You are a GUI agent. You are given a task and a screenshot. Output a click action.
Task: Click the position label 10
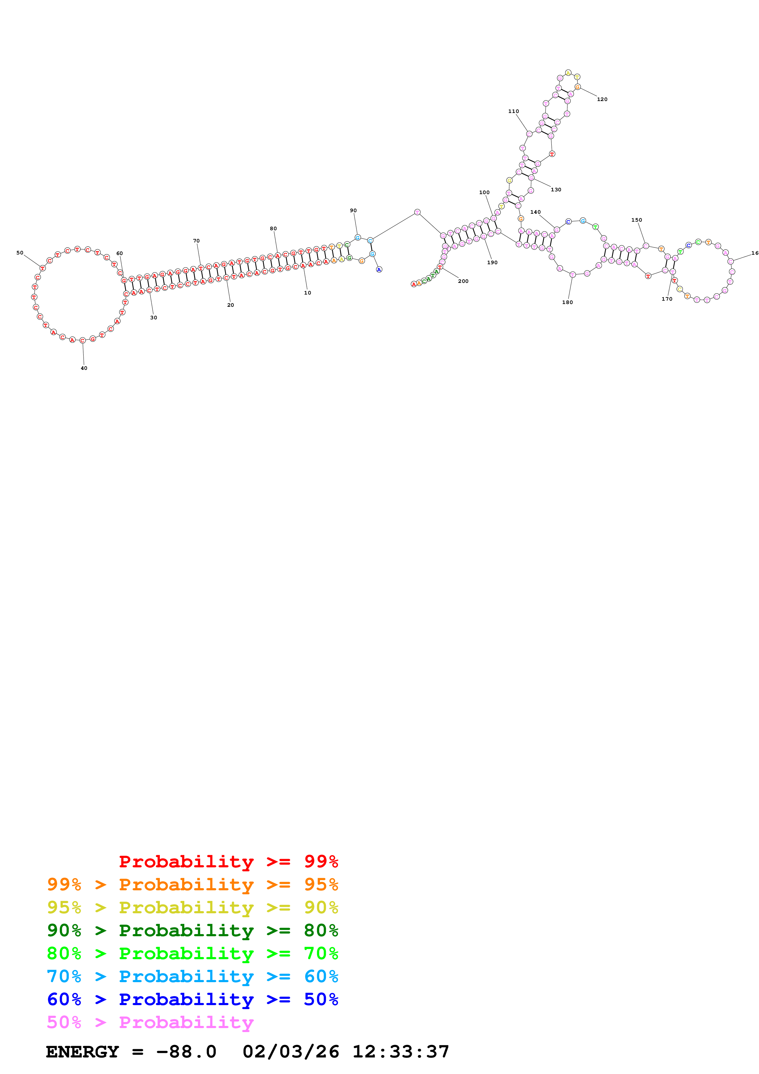[307, 293]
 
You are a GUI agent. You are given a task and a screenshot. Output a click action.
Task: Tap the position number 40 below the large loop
[84, 368]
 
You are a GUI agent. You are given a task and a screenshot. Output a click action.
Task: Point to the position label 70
[197, 241]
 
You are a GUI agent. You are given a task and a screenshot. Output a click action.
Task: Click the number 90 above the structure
[353, 211]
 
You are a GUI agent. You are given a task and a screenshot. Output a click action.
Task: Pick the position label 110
[513, 111]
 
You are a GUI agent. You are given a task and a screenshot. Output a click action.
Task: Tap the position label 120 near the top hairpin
[602, 99]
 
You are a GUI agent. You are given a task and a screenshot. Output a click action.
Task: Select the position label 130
[556, 190]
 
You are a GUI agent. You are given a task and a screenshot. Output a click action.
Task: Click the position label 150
[637, 220]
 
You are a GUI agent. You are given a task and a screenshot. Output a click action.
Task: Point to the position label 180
[567, 302]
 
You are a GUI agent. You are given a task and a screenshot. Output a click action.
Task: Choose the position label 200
[463, 281]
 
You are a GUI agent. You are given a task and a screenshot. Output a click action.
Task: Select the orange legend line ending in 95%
[192, 884]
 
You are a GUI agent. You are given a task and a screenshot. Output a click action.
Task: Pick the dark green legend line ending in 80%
[192, 930]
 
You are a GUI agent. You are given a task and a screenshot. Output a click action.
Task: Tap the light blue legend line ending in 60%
[192, 976]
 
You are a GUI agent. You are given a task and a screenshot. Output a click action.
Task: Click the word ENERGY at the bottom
[82, 1052]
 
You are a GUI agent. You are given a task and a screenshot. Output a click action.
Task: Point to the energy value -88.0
[186, 1052]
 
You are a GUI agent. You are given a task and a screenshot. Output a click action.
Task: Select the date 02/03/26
[291, 1052]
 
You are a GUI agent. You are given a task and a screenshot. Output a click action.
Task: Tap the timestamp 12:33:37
[400, 1052]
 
